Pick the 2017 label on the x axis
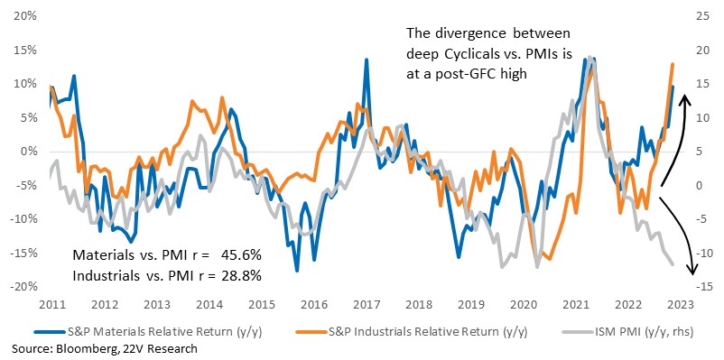click(x=372, y=305)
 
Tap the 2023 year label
click(x=682, y=305)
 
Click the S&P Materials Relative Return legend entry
click(x=151, y=331)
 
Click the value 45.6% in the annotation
click(x=242, y=254)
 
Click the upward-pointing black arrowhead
click(x=686, y=98)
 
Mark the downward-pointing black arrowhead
click(x=692, y=270)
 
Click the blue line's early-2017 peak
click(x=367, y=60)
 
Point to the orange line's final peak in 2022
click(x=673, y=64)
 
